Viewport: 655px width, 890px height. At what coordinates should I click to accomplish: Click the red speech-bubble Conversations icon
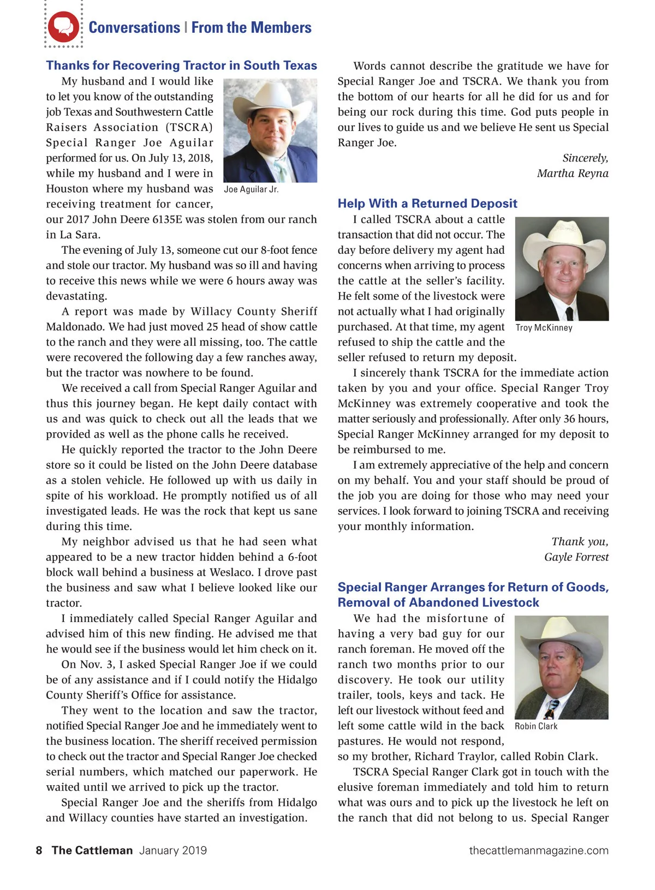click(x=63, y=27)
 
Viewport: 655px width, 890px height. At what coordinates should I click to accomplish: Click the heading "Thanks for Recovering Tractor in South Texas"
click(x=181, y=65)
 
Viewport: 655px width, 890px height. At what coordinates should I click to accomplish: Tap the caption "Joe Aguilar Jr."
click(x=251, y=189)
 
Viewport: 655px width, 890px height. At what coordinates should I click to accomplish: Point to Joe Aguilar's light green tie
click(x=281, y=169)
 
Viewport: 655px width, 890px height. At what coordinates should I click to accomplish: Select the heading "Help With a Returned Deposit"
click(x=427, y=204)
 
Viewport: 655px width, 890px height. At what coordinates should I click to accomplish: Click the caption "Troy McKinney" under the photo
click(x=544, y=327)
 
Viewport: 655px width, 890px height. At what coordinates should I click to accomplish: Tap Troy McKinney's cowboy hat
click(x=560, y=235)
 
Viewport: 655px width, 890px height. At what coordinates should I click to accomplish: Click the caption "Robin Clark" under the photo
click(x=536, y=726)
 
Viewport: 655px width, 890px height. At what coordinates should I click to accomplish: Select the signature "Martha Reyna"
click(x=572, y=174)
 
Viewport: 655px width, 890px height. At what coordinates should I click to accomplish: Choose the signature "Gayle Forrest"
click(x=576, y=557)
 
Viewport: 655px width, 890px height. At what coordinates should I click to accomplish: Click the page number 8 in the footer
click(x=39, y=850)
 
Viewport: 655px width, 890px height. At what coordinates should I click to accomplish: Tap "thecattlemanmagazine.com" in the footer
click(x=538, y=850)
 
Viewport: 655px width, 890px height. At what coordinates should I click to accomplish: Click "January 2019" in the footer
click(x=173, y=850)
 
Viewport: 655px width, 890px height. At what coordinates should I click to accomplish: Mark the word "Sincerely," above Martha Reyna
click(x=585, y=158)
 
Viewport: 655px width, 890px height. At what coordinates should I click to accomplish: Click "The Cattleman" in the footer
click(x=92, y=850)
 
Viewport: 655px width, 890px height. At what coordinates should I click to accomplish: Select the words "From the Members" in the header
click(x=251, y=27)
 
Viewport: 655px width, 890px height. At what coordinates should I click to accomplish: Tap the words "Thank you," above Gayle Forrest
click(x=580, y=542)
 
